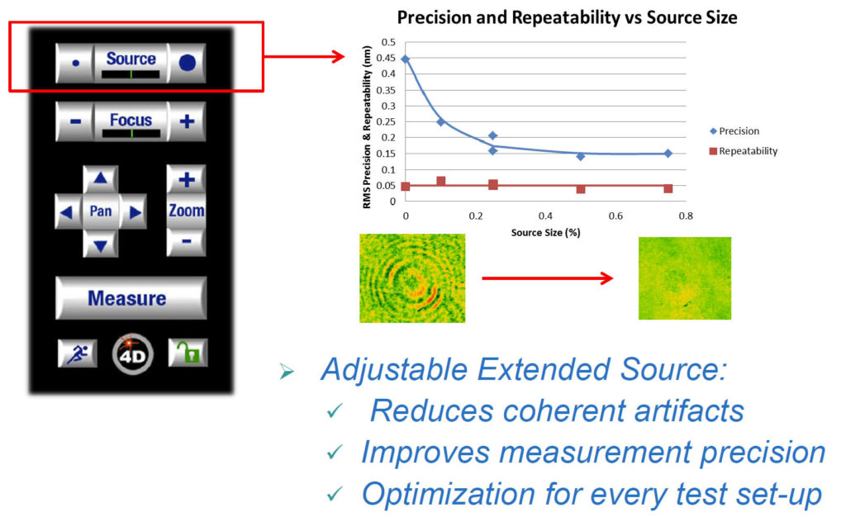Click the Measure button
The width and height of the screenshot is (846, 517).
(131, 298)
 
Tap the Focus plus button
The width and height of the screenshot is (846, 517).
(187, 121)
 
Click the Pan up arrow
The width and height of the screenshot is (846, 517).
(101, 179)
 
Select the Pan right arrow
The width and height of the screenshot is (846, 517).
(134, 212)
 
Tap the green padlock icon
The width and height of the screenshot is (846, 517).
(187, 353)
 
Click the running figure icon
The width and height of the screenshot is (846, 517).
(76, 353)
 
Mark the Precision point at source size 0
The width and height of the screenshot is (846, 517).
(405, 59)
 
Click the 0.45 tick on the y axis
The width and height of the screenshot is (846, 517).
(385, 58)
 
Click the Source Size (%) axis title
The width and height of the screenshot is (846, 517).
(546, 233)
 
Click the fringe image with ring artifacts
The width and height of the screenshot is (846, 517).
(412, 278)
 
